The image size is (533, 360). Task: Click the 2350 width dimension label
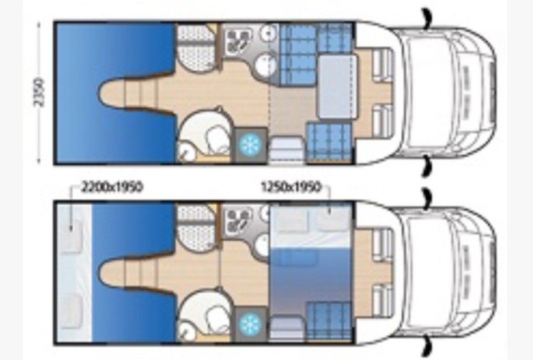click(39, 93)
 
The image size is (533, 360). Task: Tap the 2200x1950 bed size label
click(111, 187)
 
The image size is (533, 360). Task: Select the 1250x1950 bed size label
click(291, 187)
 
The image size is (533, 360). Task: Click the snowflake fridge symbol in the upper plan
click(251, 144)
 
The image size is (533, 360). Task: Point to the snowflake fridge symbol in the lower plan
click(251, 323)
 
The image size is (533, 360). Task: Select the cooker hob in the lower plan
click(237, 219)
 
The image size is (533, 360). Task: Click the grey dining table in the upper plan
click(337, 87)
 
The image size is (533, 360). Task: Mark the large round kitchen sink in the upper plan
click(265, 66)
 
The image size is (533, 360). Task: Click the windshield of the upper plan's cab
click(428, 93)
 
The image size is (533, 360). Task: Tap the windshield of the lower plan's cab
click(428, 272)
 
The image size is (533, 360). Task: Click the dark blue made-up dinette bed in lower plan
click(310, 276)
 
